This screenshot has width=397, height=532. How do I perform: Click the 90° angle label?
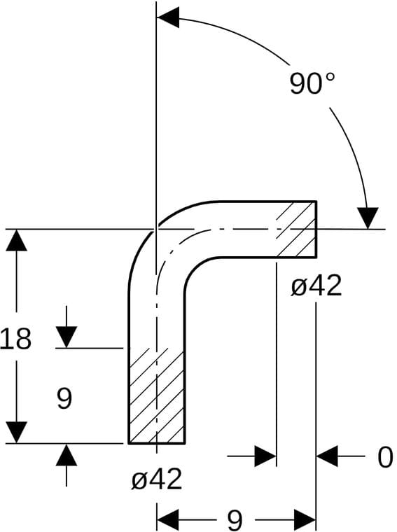pyautogui.click(x=312, y=83)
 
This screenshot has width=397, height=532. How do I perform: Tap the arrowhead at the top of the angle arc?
pyautogui.click(x=168, y=17)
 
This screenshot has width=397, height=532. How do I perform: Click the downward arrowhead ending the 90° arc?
pyautogui.click(x=368, y=218)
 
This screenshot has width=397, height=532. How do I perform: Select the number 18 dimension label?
pyautogui.click(x=15, y=339)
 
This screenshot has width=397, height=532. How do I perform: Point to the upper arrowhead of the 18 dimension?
pyautogui.click(x=16, y=240)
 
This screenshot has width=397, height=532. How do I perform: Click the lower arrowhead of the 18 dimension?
pyautogui.click(x=16, y=433)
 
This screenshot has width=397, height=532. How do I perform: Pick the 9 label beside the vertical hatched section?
pyautogui.click(x=64, y=398)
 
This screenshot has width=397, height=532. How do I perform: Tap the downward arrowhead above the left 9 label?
pyautogui.click(x=66, y=337)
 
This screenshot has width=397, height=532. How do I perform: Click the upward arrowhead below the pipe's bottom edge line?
pyautogui.click(x=66, y=454)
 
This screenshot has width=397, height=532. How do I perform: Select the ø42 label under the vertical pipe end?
pyautogui.click(x=157, y=479)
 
